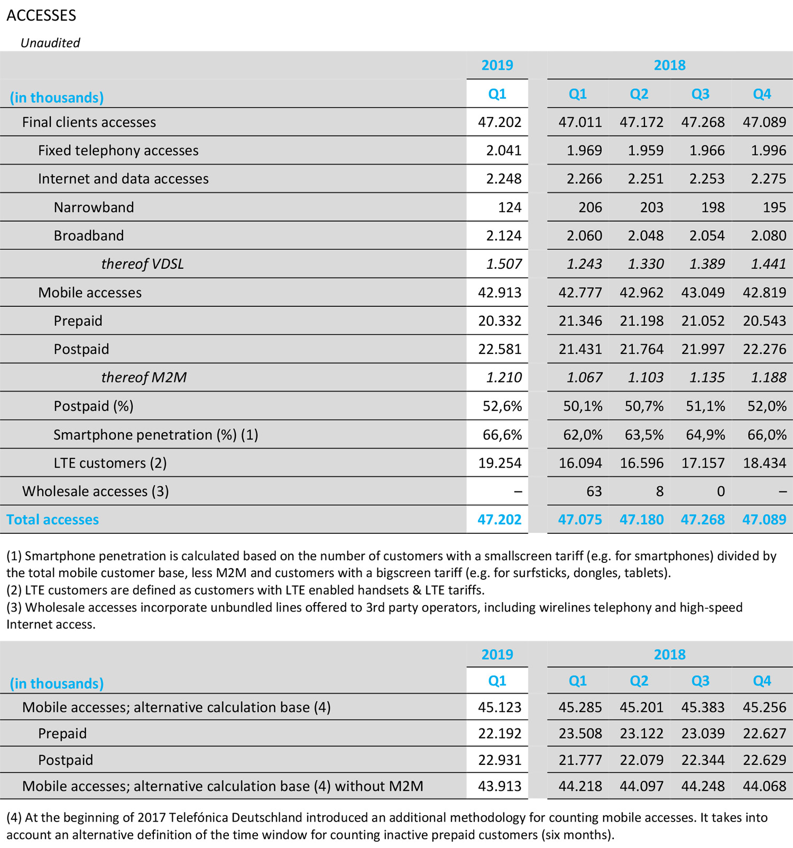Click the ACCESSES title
pos(41,15)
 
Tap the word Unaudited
pos(50,43)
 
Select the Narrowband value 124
pos(509,207)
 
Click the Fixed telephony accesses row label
pos(118,151)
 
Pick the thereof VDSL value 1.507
pos(503,264)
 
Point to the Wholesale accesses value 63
pos(594,491)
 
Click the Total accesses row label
pos(52,519)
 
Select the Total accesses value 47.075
pos(579,519)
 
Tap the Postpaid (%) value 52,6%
pos(502,406)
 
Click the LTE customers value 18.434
pos(764,463)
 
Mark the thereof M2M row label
pos(144,378)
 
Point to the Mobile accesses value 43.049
pos(703,293)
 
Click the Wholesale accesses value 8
pos(659,491)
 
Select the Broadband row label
pos(89,236)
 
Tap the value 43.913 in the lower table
pos(499,786)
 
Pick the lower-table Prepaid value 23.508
pos(580,734)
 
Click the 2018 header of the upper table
pos(669,65)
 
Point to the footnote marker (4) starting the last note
pos(14,817)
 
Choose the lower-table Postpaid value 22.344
pos(703,760)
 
